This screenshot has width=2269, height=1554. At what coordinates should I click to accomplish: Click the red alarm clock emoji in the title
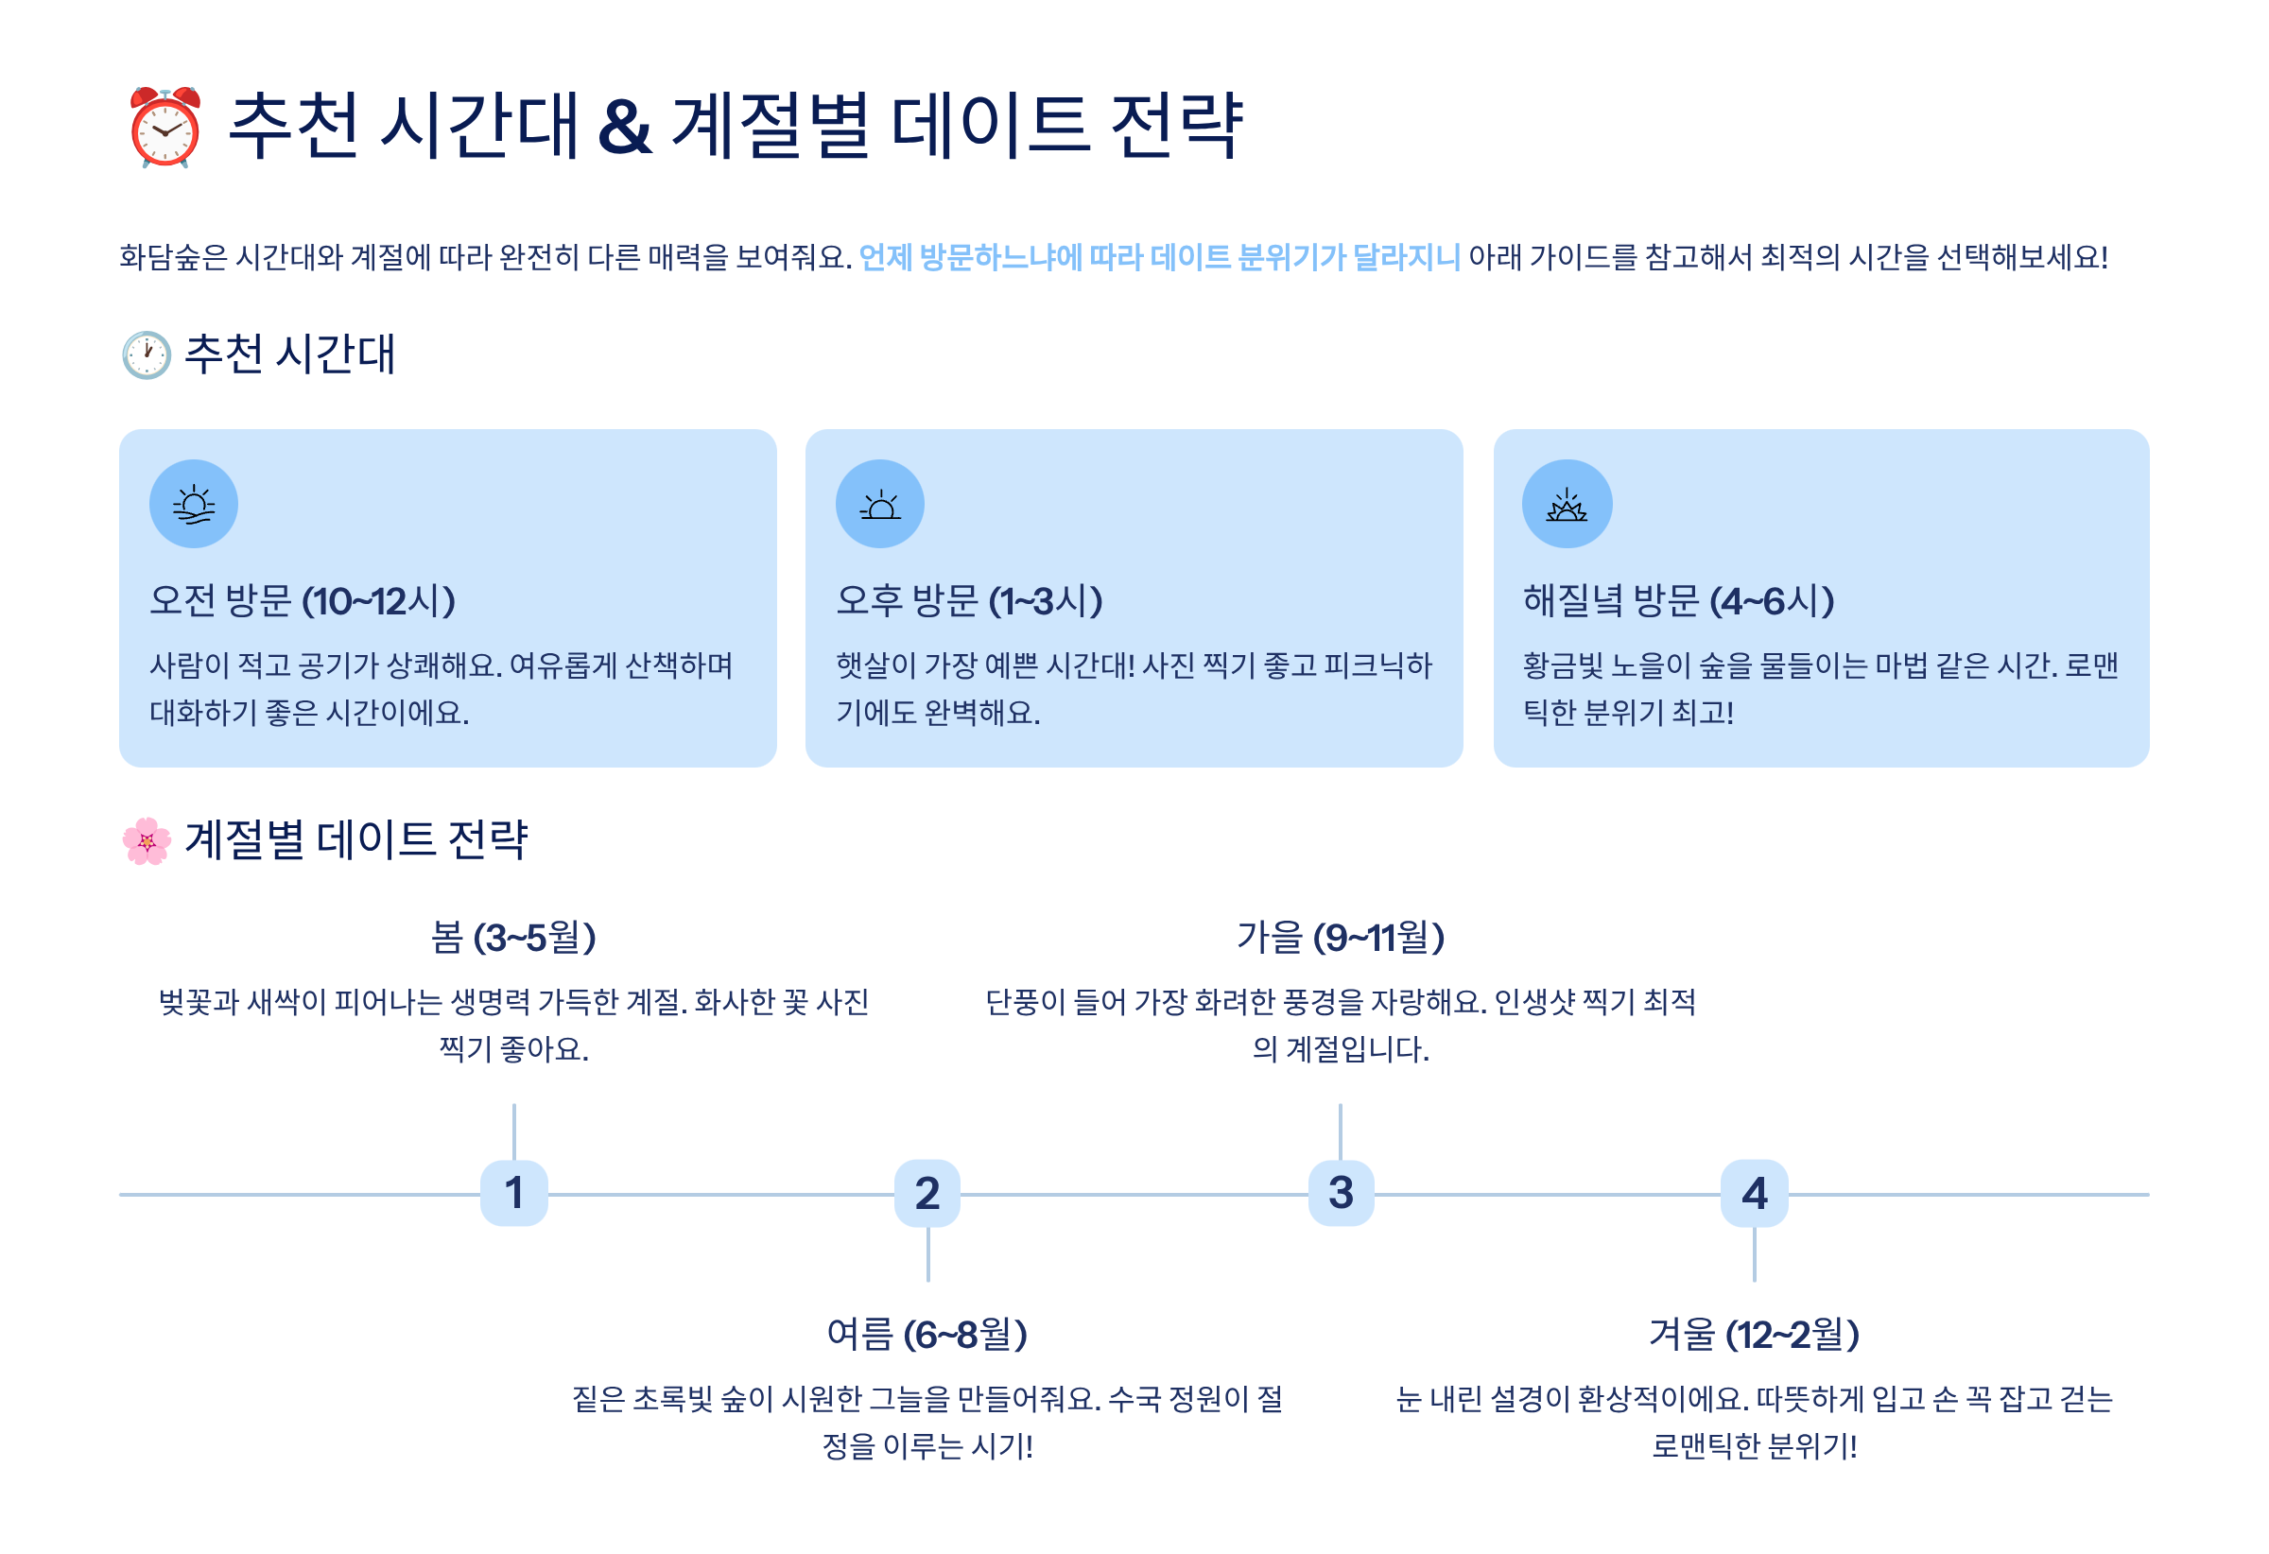pos(165,127)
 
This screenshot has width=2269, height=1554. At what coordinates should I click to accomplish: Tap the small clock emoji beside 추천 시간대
pos(147,354)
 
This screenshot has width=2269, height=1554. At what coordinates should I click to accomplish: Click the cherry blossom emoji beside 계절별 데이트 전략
pos(147,840)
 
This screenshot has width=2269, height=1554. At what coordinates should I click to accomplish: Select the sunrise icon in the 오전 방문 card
pos(193,504)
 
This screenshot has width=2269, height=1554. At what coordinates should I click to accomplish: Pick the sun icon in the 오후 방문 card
pos(879,504)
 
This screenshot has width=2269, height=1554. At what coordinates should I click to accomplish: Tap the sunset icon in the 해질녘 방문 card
pos(1566,504)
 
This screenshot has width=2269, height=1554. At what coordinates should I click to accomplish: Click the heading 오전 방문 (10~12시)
pos(303,601)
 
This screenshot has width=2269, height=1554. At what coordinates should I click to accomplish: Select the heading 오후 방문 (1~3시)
pos(969,601)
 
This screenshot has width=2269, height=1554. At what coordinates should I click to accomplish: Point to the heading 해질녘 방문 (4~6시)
pos(1678,601)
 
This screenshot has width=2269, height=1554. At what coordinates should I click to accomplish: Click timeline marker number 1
pos(513,1193)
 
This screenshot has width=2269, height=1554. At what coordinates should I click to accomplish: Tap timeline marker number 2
pos(927,1193)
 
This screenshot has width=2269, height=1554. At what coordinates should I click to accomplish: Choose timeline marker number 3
pos(1341,1193)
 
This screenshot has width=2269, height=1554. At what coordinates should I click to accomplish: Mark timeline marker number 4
pos(1755,1193)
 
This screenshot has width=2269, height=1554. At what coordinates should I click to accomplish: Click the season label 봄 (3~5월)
pos(513,937)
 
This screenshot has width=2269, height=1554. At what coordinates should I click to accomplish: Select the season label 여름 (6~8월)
pos(927,1335)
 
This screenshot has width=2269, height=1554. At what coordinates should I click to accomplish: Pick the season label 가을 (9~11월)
pos(1341,937)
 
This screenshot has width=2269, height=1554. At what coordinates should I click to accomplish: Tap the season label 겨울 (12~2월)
pos(1755,1335)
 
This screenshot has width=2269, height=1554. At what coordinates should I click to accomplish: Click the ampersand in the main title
pos(625,127)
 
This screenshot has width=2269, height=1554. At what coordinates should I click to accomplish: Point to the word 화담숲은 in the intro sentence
pos(173,258)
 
